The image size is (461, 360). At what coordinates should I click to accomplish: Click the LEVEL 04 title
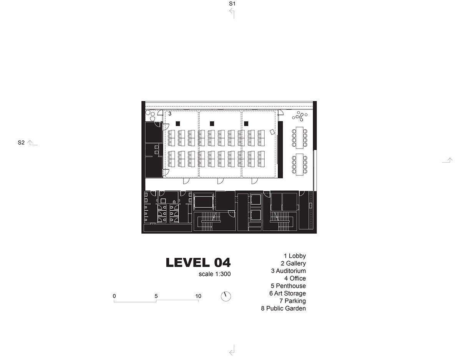198,263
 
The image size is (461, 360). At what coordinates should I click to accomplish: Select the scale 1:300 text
214,274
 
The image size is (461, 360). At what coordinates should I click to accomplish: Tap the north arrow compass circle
226,296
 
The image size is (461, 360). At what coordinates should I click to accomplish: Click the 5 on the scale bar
156,296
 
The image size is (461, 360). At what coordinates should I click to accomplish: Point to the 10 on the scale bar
198,296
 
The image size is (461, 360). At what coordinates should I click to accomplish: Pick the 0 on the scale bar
114,296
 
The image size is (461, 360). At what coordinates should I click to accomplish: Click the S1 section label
232,3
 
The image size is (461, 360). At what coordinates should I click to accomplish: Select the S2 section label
21,142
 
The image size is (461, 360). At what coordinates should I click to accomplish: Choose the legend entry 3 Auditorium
288,271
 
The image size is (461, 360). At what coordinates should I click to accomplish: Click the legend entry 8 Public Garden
283,308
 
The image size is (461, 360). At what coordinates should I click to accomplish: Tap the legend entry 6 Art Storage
287,293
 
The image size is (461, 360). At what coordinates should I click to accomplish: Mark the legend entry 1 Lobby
295,256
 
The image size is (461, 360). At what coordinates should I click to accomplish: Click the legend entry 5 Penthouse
288,286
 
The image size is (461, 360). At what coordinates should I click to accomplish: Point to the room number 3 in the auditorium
170,114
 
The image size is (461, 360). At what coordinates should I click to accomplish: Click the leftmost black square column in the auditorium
178,123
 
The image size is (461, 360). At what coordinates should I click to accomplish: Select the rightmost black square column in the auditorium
246,123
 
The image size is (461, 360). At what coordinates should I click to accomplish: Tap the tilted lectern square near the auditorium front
272,132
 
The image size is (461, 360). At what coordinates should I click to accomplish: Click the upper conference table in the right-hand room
300,138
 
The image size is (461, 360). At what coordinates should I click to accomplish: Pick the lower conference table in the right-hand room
300,164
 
